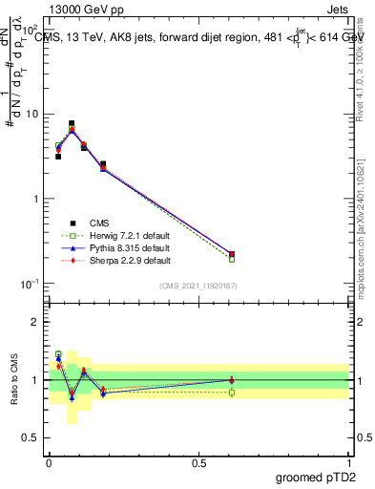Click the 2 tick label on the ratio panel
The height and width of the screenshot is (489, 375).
pos(35,322)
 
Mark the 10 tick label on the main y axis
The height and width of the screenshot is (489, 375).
pos(31,115)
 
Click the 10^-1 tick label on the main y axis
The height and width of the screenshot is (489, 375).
pos(31,284)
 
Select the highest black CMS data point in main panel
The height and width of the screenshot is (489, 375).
pos(72,123)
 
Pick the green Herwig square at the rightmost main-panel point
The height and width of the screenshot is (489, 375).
pos(232,259)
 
